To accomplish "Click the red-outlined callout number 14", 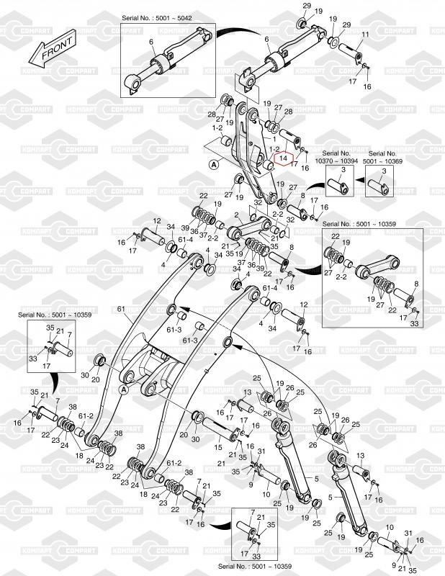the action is (283, 158).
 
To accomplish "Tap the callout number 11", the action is (365, 35).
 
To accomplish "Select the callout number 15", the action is (218, 447).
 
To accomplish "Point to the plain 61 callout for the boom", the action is (121, 309).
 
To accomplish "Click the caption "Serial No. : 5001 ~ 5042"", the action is (157, 17).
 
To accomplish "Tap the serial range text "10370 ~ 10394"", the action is (336, 161).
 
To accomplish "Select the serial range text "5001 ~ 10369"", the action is (382, 161).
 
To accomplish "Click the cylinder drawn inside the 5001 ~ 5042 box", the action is (168, 60).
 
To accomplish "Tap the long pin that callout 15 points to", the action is (220, 428).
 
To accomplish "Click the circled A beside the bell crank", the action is (213, 165).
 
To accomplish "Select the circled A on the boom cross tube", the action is (124, 389).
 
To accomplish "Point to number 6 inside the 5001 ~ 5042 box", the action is (151, 42).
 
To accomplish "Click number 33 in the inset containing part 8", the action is (414, 323).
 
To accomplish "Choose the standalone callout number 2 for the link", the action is (236, 215).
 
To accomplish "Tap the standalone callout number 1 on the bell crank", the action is (274, 139).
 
